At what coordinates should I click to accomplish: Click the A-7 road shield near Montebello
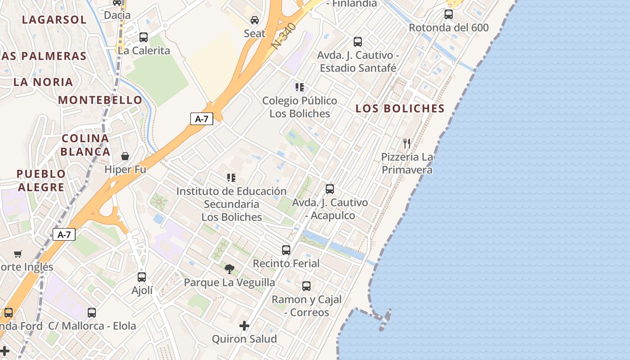201,119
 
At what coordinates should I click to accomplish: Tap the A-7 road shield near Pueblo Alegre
64,234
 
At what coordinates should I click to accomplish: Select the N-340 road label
284,36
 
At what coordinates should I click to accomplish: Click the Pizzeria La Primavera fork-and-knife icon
407,144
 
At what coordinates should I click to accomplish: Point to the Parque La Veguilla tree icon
229,269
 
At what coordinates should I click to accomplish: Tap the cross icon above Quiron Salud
244,325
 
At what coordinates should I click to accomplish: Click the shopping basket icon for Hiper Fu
125,156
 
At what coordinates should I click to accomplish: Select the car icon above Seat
255,20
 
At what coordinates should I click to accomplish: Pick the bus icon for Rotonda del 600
449,14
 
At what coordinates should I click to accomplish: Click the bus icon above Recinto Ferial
286,250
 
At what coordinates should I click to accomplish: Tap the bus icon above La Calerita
144,37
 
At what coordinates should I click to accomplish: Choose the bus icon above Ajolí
142,277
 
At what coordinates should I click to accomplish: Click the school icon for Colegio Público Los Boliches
300,87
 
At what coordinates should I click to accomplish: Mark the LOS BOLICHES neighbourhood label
400,108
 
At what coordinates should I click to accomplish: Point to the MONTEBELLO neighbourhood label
100,100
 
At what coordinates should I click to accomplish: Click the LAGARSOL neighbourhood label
54,20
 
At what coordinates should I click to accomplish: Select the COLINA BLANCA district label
85,145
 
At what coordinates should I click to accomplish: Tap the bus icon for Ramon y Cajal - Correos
306,286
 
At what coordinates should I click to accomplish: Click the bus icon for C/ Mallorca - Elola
92,312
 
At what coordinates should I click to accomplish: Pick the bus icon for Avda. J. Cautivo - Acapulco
330,189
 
